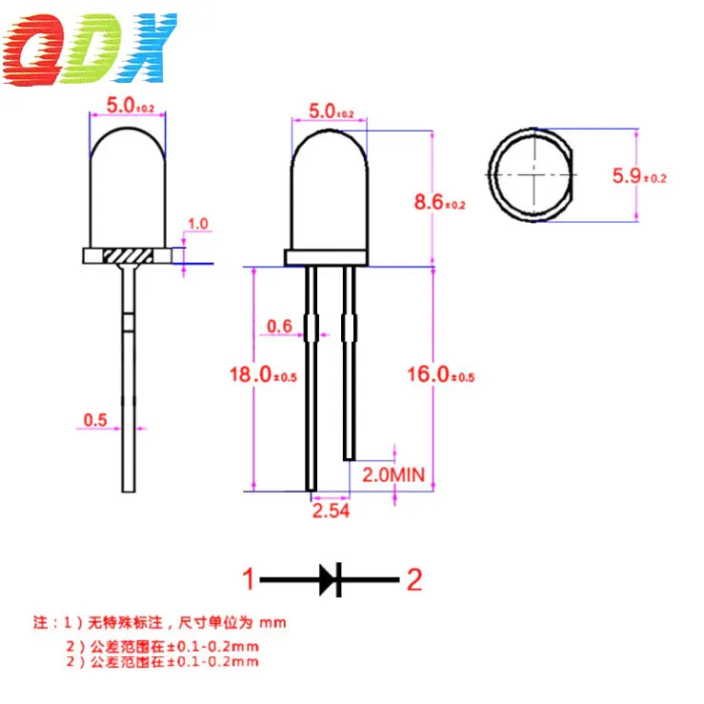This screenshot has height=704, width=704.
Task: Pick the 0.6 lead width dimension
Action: (x=279, y=327)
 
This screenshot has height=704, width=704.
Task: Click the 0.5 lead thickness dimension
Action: (x=95, y=419)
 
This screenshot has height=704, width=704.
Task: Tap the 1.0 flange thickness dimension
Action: (x=198, y=224)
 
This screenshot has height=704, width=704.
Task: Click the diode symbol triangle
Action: (x=329, y=578)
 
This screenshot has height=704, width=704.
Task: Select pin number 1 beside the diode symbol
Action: (x=247, y=579)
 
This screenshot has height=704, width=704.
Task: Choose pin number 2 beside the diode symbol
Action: (x=414, y=579)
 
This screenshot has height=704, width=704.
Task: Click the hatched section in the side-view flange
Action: (x=128, y=256)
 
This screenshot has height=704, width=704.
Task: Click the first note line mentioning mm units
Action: (x=160, y=624)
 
